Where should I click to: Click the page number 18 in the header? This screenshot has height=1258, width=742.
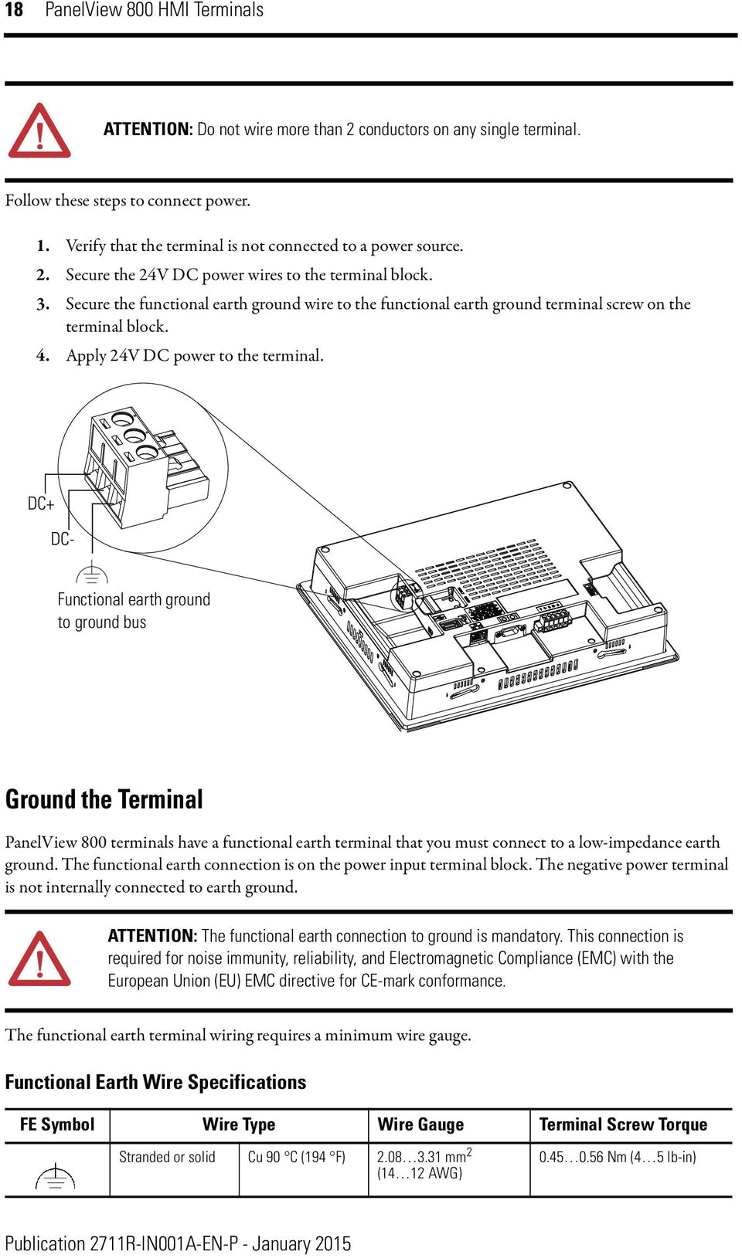(14, 10)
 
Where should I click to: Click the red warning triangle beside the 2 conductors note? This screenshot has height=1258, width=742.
(39, 132)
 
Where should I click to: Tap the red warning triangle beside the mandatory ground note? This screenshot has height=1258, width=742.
(39, 960)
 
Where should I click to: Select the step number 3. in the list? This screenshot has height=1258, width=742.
(43, 304)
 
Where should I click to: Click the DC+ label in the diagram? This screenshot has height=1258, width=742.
(41, 504)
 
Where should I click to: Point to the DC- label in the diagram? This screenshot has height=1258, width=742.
(63, 539)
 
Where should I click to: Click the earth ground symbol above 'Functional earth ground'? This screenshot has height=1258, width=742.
(92, 574)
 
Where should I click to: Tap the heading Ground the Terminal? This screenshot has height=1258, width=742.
(104, 799)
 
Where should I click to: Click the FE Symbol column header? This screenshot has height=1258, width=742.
(57, 1124)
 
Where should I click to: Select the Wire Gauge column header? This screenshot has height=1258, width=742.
(420, 1124)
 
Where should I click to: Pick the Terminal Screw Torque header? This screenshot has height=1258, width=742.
(623, 1124)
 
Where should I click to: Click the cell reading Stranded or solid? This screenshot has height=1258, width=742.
(167, 1157)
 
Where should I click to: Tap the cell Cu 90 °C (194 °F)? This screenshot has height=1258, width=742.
(296, 1157)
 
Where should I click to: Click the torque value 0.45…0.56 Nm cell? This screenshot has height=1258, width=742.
(617, 1157)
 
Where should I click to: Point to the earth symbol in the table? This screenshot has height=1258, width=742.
(56, 1176)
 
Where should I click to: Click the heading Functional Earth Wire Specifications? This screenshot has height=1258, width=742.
(155, 1082)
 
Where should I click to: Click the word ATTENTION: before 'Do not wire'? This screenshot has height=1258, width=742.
(148, 130)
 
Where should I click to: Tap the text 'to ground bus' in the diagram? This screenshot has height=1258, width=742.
(102, 622)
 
